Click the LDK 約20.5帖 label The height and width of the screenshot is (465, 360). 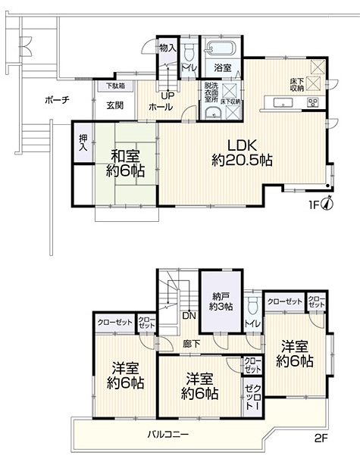tap(242, 153)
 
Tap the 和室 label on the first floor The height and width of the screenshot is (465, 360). tap(125, 157)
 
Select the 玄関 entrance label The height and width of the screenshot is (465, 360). tap(115, 105)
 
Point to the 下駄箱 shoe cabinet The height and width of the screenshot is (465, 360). tap(116, 86)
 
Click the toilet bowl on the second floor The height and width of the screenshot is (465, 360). tap(252, 305)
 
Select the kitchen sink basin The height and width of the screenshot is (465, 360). tap(283, 103)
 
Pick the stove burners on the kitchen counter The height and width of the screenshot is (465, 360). tap(313, 102)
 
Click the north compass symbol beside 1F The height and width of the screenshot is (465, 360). tap(328, 204)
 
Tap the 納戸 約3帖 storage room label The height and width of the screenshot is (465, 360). tap(221, 301)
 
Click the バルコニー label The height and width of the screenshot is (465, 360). tap(168, 435)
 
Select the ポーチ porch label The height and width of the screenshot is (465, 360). tap(58, 100)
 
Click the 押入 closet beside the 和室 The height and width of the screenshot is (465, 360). tap(83, 143)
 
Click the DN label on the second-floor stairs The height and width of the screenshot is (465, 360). tap(189, 316)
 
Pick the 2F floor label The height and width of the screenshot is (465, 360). tap(321, 438)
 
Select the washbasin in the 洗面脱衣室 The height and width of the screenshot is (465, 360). tap(213, 113)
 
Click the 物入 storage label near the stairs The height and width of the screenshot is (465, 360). tap(168, 48)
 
